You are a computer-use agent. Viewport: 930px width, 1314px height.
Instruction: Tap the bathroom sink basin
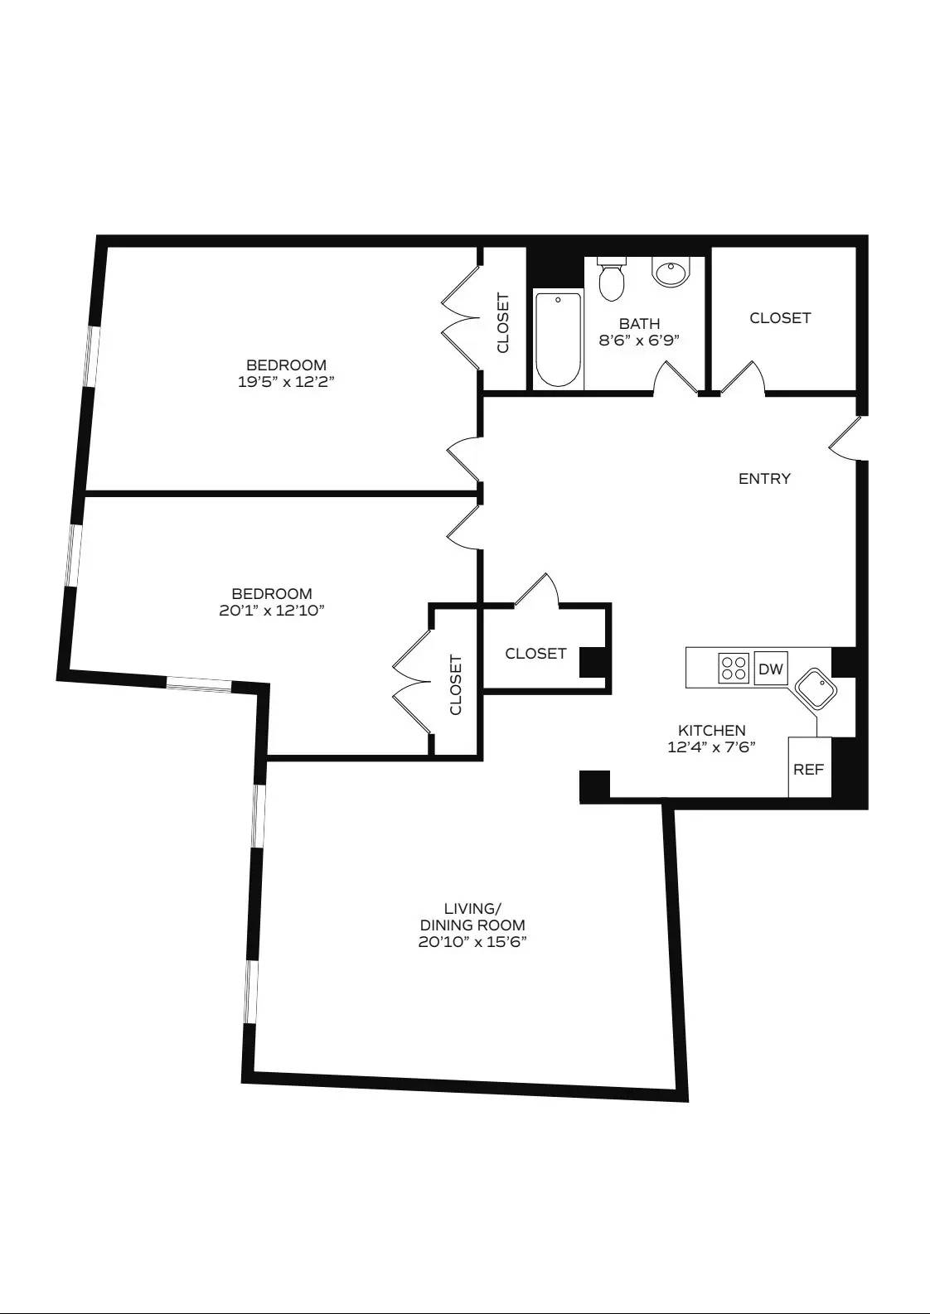point(671,272)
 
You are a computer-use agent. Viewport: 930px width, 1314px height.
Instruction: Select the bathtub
point(558,339)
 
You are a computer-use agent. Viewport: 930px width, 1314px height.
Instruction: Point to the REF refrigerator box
point(809,769)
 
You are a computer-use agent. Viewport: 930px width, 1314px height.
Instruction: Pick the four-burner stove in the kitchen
point(734,668)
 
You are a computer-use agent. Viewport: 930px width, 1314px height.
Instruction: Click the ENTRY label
point(764,478)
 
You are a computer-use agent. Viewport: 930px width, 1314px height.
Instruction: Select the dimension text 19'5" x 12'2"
point(286,382)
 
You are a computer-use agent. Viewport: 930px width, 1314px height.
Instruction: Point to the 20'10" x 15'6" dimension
point(472,942)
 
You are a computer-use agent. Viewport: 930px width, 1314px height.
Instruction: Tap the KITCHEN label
point(711,730)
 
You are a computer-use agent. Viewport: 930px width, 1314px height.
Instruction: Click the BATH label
point(639,324)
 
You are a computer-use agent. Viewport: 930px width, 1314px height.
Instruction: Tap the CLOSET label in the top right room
point(780,318)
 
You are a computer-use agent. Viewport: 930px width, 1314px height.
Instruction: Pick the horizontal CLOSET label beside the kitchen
point(535,654)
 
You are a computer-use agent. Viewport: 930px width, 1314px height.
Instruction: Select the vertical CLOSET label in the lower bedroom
point(456,685)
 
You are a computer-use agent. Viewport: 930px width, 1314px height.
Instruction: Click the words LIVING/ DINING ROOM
point(472,916)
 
